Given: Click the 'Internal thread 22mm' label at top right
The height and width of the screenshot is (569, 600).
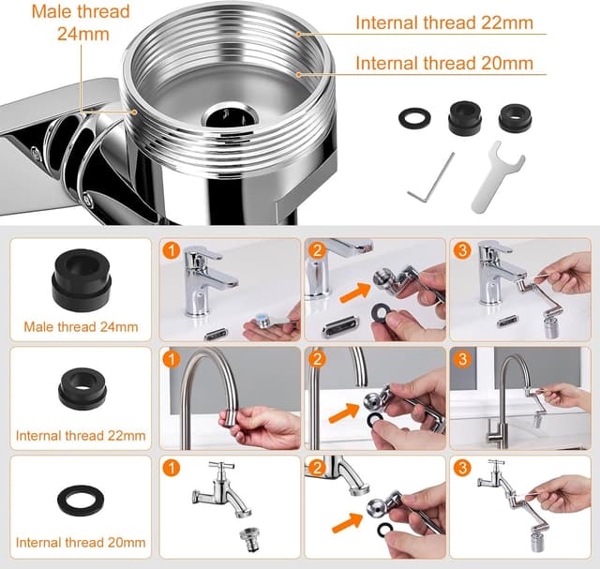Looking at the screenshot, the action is point(444,22).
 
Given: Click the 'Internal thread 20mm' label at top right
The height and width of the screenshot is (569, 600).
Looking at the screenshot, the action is point(444,63).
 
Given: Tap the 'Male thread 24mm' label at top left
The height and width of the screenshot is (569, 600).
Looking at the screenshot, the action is point(81,22).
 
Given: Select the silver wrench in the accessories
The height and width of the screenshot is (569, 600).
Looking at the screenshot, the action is point(497,176).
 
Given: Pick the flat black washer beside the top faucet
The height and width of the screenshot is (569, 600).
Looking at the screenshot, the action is point(414,118).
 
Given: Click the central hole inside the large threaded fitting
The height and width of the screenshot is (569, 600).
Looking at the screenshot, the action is point(229,115).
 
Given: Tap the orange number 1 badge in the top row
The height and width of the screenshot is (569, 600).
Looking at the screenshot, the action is point(171,250).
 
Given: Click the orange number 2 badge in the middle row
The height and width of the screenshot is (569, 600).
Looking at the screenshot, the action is point(317,359).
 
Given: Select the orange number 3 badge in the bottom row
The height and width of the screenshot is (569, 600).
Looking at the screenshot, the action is point(462,468).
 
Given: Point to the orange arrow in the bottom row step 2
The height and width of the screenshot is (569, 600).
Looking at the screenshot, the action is point(347,523).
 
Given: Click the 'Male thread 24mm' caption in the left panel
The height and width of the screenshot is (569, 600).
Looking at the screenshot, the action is point(81,327).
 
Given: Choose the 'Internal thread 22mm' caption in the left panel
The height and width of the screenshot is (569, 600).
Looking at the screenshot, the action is point(81,436).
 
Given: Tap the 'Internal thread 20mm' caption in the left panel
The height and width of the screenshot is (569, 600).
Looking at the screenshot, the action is point(81,542).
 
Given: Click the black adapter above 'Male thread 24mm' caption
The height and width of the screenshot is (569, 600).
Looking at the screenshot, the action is point(82,280).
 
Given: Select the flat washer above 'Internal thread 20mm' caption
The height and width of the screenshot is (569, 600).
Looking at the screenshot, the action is point(81,500).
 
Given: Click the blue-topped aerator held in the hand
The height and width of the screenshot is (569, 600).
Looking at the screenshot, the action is point(263,321).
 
